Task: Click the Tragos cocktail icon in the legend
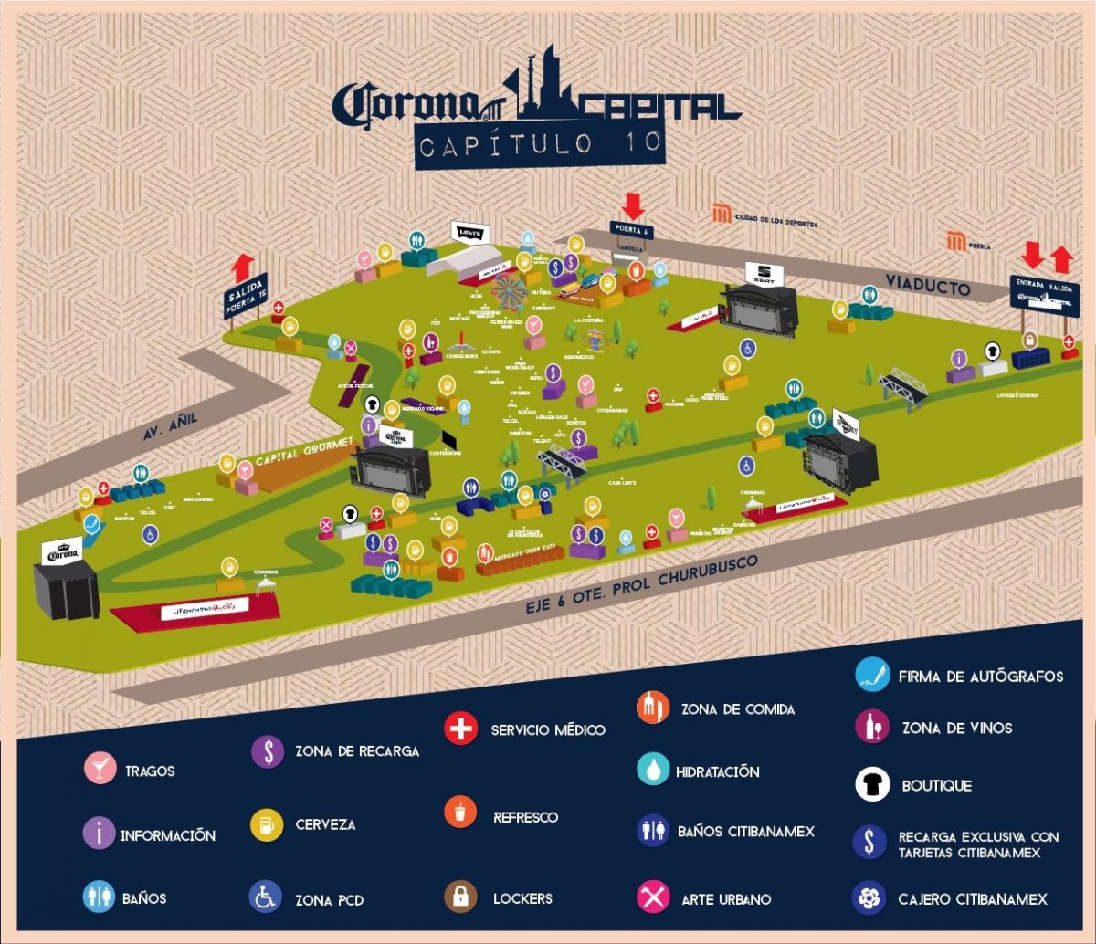[x=99, y=769]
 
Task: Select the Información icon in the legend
[x=99, y=834]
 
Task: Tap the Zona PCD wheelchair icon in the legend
[x=265, y=897]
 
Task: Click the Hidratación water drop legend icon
[x=653, y=770]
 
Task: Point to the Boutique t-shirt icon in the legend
[x=872, y=784]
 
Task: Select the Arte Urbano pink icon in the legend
[x=653, y=897]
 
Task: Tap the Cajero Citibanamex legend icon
[x=869, y=897]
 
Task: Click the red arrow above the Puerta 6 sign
[x=632, y=205]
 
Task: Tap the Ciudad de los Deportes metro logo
[x=722, y=215]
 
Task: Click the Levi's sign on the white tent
[x=470, y=234]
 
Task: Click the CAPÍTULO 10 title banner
[x=540, y=145]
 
